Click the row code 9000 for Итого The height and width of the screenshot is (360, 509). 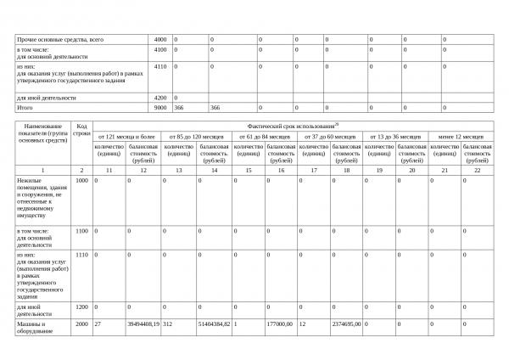click(x=160, y=108)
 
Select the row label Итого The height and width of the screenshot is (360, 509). click(x=25, y=108)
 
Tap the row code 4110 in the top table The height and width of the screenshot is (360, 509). click(x=160, y=65)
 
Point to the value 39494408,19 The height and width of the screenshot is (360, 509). click(x=143, y=323)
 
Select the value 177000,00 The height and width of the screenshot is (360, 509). click(x=279, y=323)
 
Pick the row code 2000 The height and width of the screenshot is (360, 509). click(x=82, y=323)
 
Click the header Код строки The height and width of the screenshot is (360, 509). click(x=82, y=131)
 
